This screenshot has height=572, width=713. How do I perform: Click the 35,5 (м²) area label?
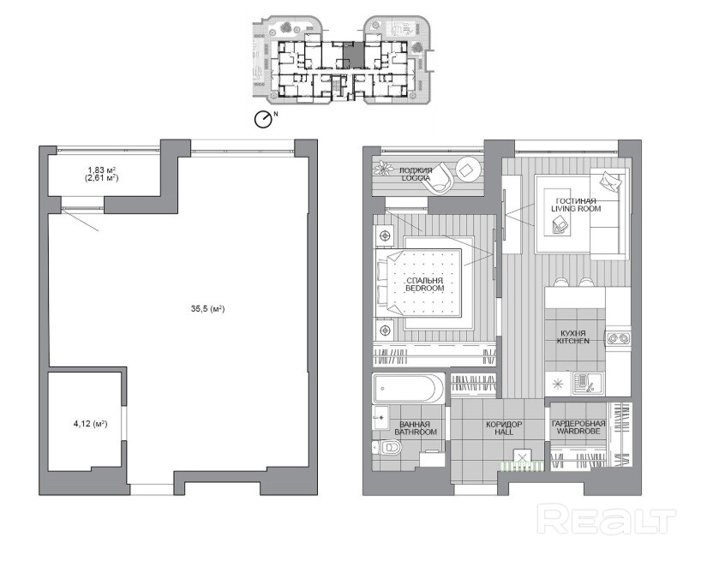(x=207, y=309)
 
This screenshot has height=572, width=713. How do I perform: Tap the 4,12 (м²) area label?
(x=91, y=424)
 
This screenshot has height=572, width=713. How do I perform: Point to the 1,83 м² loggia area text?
(x=101, y=170)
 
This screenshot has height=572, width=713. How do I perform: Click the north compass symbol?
(x=263, y=120)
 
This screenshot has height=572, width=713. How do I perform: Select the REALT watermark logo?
(x=607, y=519)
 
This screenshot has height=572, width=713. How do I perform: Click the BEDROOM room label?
(x=425, y=288)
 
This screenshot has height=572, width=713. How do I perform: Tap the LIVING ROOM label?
(x=576, y=209)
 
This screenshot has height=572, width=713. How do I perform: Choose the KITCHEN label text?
(x=573, y=341)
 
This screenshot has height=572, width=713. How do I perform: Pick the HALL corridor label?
(x=504, y=432)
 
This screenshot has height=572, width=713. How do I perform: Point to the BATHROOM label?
(x=416, y=432)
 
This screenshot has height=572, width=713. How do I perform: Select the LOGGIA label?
(x=416, y=178)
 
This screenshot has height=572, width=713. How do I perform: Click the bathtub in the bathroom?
(x=408, y=389)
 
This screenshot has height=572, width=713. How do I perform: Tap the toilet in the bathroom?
(x=387, y=448)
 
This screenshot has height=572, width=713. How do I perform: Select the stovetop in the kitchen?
(x=619, y=338)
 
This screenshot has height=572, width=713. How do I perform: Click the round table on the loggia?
(x=468, y=170)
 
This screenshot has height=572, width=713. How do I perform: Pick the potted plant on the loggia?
(x=383, y=168)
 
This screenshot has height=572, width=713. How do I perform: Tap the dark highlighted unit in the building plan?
(x=353, y=55)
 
